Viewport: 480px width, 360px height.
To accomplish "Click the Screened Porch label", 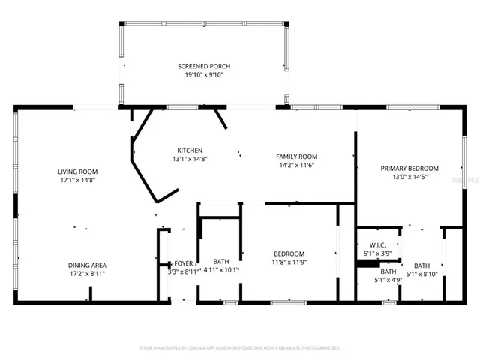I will pos(200,66).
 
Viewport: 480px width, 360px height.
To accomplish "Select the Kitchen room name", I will pos(190,150).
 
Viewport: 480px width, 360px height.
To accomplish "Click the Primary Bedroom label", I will pos(409,169).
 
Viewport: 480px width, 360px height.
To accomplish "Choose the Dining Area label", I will pos(88,265).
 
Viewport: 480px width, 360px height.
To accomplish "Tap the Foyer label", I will pos(184,264).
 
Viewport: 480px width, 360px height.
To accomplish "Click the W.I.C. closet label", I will pos(378,244).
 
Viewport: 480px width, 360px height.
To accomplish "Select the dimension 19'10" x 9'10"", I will pos(200,75).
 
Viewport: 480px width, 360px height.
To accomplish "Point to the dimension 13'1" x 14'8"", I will pos(190,159).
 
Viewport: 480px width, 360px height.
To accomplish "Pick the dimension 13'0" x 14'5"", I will pos(409,178).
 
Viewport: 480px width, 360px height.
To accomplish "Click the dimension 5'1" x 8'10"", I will pos(422,274).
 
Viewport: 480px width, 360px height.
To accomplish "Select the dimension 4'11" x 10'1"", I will pos(221,270).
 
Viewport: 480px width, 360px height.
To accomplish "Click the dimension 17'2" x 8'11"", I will pos(88,274).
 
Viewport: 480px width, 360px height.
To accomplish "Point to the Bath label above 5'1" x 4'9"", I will pos(387,271).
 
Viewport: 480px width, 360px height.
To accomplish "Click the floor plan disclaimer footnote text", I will pos(240,348).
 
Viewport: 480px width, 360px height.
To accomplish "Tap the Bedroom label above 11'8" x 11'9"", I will pos(289,253).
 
